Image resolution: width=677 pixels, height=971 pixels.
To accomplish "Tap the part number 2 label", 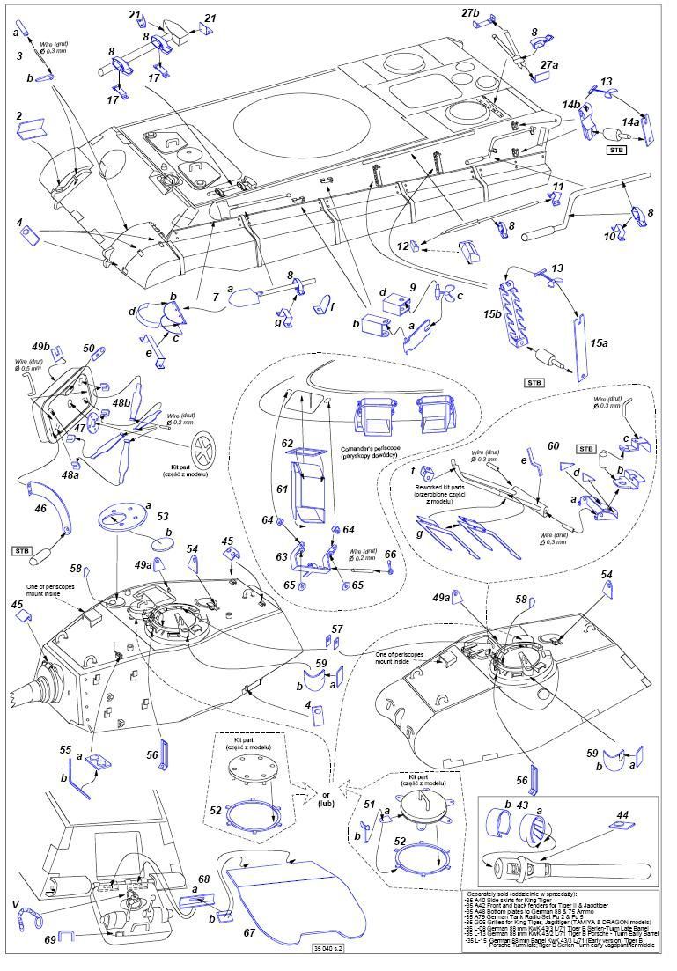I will (x=18, y=115).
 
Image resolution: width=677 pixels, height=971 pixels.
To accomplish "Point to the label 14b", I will (x=571, y=106).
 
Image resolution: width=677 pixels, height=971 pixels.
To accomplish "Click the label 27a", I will (x=549, y=64).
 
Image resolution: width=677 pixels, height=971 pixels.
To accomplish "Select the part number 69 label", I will (x=50, y=940).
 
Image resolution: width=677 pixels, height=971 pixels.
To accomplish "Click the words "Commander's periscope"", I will (x=369, y=448).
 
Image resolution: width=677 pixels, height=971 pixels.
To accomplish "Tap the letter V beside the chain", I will (x=15, y=904).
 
